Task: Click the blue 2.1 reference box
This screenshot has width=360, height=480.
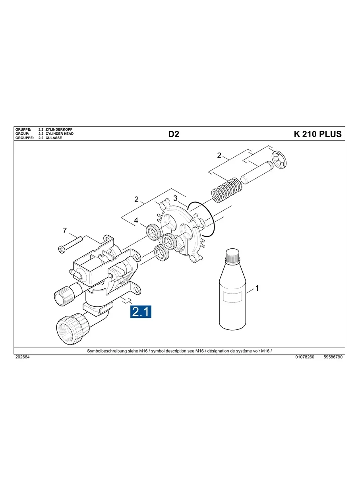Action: pos(141,312)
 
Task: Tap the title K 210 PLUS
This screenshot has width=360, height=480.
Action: pos(317,134)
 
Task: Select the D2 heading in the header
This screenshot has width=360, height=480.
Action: pos(174,134)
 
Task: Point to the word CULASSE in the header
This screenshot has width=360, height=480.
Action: pos(54,137)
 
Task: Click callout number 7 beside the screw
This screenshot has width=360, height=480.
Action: pos(64,230)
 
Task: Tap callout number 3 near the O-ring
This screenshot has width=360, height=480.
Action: pos(175,198)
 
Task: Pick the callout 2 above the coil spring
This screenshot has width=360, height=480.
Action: pos(219,155)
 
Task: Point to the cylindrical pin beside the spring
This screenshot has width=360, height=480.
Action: pos(257,172)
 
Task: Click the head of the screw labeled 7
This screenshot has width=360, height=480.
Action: pos(60,249)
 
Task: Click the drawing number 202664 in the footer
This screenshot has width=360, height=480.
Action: pos(22,357)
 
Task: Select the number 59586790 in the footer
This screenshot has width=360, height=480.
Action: pos(333,357)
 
